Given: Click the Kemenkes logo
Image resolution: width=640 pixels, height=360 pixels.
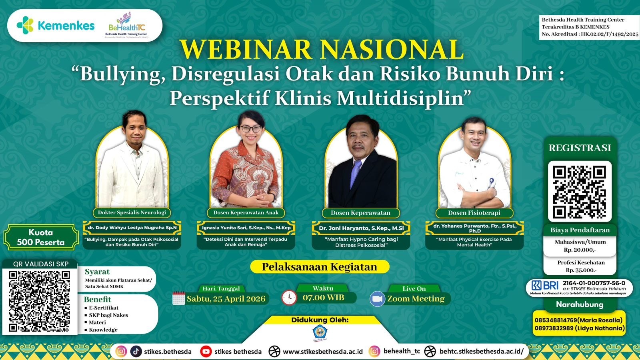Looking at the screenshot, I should coord(56,26).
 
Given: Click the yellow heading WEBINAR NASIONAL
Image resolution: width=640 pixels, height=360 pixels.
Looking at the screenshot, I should coord(322,50).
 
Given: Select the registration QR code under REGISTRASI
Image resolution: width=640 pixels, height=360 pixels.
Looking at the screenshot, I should coord(579,192).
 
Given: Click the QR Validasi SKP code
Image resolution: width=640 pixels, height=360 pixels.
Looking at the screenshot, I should coord(40,301).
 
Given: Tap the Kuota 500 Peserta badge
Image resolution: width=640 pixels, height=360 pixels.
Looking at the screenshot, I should coord(41,237).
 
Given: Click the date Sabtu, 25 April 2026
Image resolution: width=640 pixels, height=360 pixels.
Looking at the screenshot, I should coord(226,299).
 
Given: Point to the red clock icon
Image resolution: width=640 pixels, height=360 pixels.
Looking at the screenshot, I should coord(289,298).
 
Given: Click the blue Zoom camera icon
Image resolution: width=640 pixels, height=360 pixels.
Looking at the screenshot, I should coord(377,299).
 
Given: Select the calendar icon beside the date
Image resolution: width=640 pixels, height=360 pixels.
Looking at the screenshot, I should coord(178,298).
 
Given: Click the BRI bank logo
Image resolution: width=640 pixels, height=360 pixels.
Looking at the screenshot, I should coord(545,286).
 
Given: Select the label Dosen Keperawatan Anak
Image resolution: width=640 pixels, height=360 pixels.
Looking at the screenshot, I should coord(246,212).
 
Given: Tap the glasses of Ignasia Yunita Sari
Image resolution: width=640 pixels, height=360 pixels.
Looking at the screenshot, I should coord(250,129).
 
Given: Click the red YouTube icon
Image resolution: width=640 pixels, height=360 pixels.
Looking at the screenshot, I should coord(206,351).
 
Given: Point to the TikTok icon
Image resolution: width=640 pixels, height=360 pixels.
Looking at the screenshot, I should coord(136,351).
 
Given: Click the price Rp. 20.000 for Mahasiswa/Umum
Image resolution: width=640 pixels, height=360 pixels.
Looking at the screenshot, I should coord(580,250).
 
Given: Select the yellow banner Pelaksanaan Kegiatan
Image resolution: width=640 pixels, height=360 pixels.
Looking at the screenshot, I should coord(320,267).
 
